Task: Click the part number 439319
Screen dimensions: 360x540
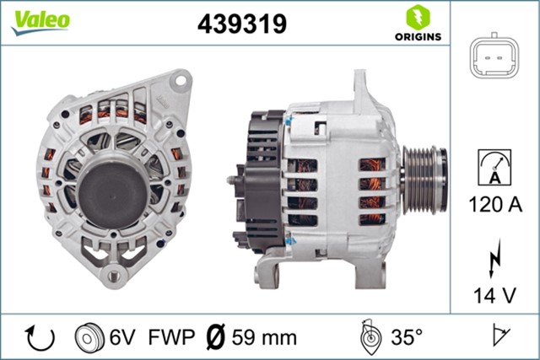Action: pyautogui.click(x=241, y=24)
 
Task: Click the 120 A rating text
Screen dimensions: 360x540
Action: pyautogui.click(x=494, y=204)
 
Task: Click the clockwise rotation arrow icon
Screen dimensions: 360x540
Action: pyautogui.click(x=40, y=337)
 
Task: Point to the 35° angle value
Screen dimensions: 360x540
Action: pyautogui.click(x=408, y=337)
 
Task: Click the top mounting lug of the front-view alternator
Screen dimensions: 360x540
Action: pyautogui.click(x=176, y=80)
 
